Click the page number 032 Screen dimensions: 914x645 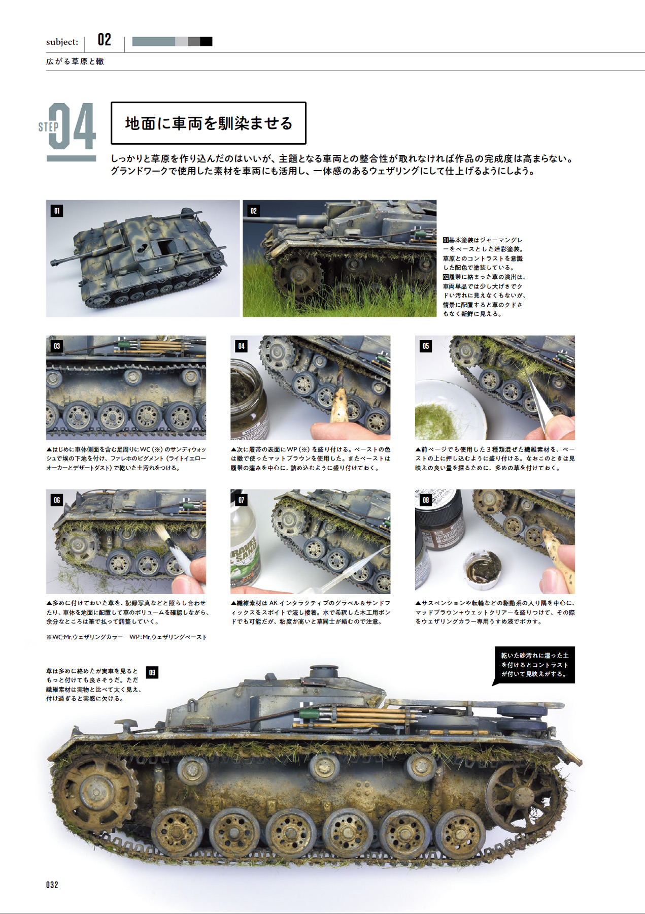click(52, 885)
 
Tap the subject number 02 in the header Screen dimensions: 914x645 click(104, 40)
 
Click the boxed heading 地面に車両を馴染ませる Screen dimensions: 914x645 click(209, 123)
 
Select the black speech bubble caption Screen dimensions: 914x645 click(534, 665)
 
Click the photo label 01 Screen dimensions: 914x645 click(57, 211)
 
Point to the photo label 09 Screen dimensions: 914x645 click(152, 673)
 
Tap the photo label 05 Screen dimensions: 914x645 click(425, 346)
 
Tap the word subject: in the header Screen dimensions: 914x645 click(62, 42)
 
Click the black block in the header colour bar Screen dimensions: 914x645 click(206, 42)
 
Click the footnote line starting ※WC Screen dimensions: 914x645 click(126, 637)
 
